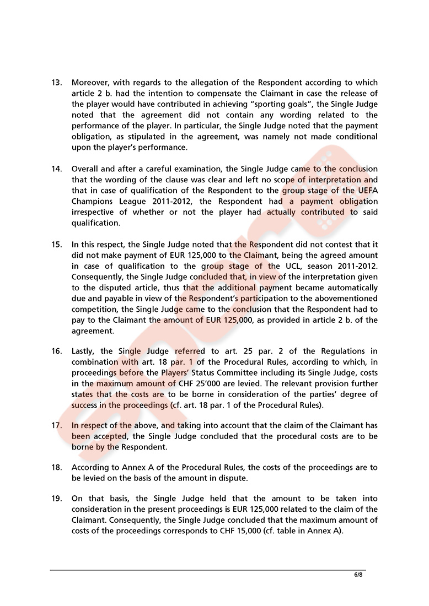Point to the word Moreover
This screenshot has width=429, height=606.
tap(91, 83)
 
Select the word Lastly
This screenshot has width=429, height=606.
tap(83, 351)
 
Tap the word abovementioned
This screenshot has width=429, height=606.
tap(347, 298)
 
